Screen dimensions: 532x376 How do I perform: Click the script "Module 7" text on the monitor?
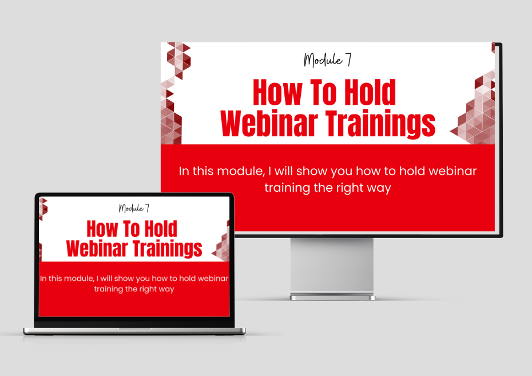coord(327,60)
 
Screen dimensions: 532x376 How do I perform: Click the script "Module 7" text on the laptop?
coord(134,208)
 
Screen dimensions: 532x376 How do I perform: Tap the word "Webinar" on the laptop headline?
coord(97,248)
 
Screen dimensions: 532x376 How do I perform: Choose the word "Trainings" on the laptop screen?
coord(167,249)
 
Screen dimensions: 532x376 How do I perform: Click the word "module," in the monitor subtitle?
coord(241,171)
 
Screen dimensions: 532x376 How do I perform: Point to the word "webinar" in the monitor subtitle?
coord(452,171)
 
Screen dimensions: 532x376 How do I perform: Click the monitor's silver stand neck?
coord(332,265)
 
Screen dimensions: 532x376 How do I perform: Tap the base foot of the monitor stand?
coord(332,297)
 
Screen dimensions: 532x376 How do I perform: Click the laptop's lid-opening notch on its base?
coord(134,329)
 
